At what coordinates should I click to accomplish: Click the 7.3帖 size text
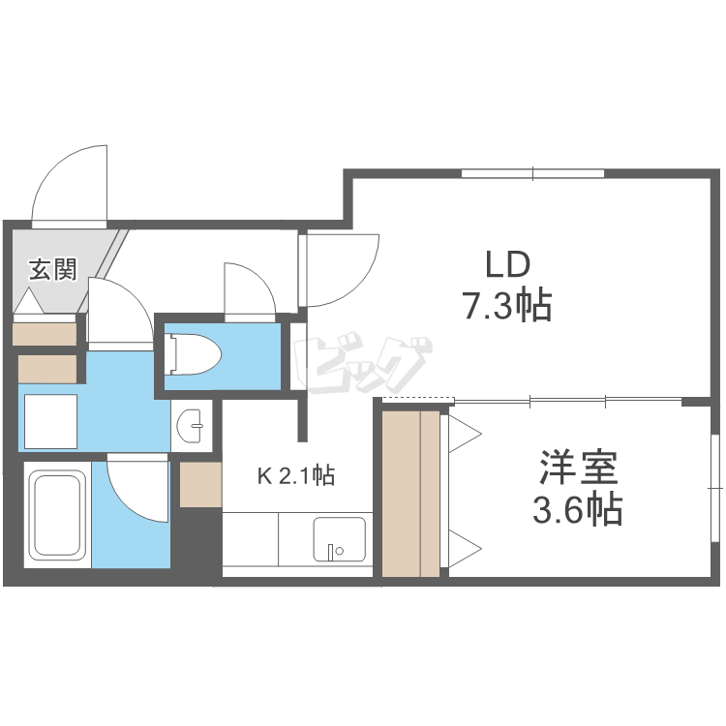click(505, 306)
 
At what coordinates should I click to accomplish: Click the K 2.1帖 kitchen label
click(295, 475)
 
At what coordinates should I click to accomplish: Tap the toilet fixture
click(194, 353)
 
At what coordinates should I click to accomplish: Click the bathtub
click(56, 512)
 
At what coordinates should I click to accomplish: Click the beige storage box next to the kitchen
click(200, 484)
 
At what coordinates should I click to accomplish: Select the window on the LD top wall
click(532, 174)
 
